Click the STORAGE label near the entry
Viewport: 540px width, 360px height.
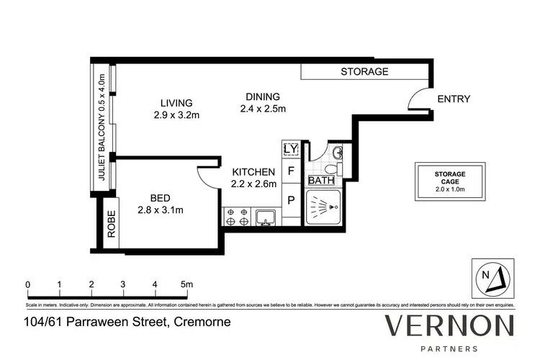(364, 71)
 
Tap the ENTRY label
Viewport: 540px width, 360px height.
(454, 99)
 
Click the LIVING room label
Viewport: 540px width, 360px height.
(176, 103)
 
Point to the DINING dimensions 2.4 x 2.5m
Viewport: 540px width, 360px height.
(264, 109)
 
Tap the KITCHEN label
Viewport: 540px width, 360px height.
(253, 172)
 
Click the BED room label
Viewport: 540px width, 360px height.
(158, 198)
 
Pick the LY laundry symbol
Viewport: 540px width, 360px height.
(291, 149)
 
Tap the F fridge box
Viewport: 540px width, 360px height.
(291, 171)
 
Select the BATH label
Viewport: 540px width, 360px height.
(321, 180)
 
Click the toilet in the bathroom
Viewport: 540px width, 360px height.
(338, 153)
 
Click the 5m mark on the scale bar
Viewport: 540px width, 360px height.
(186, 285)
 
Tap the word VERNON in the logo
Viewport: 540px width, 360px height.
(449, 325)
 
